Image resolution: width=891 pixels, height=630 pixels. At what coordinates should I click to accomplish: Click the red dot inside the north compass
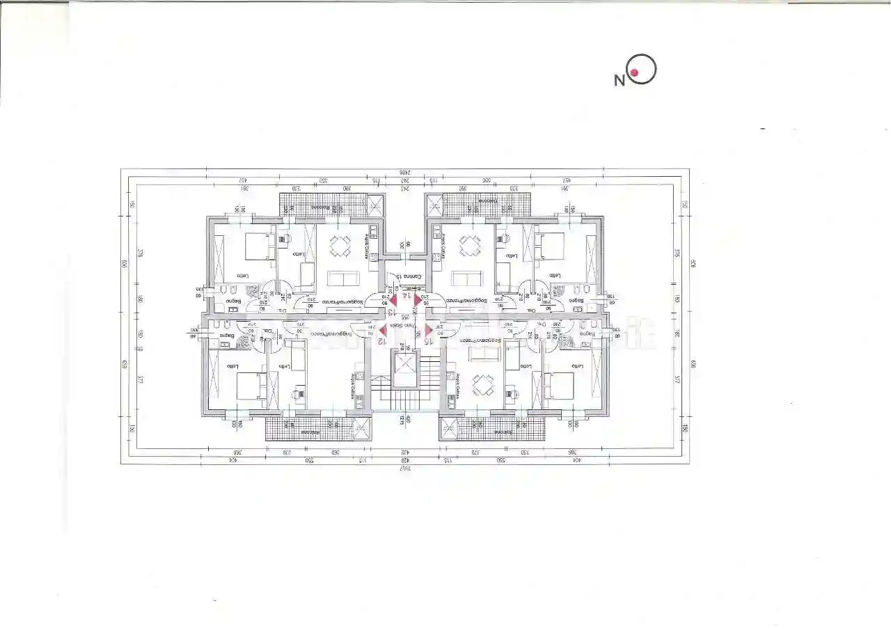click(x=635, y=72)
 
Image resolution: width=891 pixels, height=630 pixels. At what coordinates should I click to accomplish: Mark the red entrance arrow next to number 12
click(x=383, y=330)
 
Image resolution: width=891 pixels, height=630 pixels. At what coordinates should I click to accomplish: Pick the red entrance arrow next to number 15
click(x=427, y=330)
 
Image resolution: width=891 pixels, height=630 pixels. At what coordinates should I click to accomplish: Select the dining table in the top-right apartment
click(x=470, y=246)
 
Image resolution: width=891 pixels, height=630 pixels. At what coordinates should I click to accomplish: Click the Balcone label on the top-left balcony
click(x=319, y=207)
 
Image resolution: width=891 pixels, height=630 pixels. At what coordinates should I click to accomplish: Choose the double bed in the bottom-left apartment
click(x=251, y=386)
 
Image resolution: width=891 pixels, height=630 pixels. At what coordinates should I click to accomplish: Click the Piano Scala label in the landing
click(x=406, y=326)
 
